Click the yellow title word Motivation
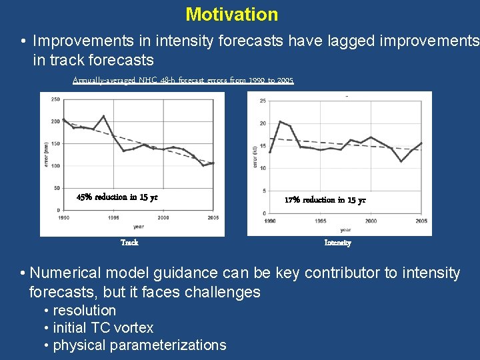pos(231,14)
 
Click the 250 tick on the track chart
pos(55,99)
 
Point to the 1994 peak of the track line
pos(103,116)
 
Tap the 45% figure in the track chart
pos(85,197)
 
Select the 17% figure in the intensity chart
pos(292,200)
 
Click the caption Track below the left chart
pos(129,243)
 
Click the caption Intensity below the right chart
pos(337,243)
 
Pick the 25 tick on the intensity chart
pos(263,101)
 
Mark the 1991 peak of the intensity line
pos(280,121)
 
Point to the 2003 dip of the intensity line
pos(401,161)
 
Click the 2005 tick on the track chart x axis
pos(213,218)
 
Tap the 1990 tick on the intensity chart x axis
pos(270,221)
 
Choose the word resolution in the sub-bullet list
pos(84,311)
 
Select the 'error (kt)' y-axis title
pos(255,157)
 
